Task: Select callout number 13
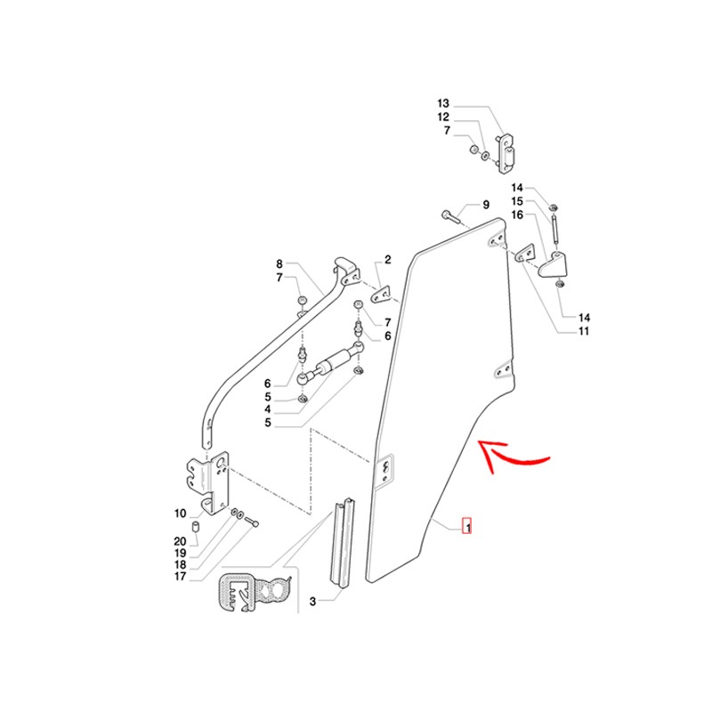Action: click(x=442, y=103)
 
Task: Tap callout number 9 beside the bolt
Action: click(x=486, y=205)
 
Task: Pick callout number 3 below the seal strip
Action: click(x=312, y=602)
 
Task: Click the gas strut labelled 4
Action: click(x=330, y=362)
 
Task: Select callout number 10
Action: click(x=181, y=514)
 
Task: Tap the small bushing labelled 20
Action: click(x=197, y=528)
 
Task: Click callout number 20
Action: click(x=181, y=541)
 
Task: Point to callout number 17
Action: click(x=181, y=576)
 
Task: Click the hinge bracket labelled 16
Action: click(x=553, y=264)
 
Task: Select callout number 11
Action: click(x=584, y=331)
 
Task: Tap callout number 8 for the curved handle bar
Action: click(x=279, y=263)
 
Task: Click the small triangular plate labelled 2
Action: click(x=381, y=295)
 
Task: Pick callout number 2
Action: click(x=387, y=259)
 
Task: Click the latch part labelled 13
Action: click(x=506, y=153)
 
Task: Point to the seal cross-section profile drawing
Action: click(x=255, y=593)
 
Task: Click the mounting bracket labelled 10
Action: click(x=208, y=483)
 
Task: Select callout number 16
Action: click(x=517, y=214)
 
